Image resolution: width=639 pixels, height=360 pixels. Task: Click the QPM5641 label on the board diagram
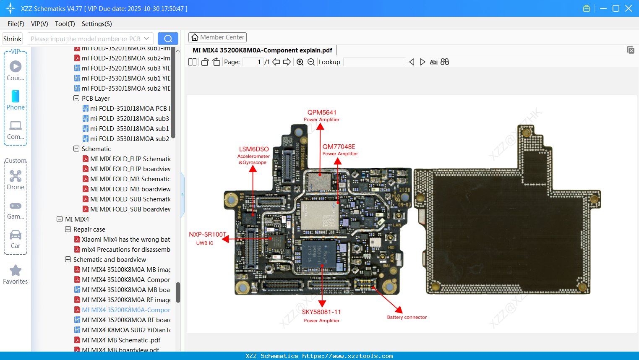tap(322, 112)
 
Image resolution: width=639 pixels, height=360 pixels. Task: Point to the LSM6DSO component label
tap(254, 149)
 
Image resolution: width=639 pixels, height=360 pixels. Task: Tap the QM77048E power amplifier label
tap(339, 147)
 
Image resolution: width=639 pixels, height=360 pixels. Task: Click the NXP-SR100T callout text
tap(207, 235)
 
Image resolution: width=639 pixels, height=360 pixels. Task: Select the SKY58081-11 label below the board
tap(321, 312)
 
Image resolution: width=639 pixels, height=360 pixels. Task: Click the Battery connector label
tap(407, 317)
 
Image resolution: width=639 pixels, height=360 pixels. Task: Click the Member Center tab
tap(217, 37)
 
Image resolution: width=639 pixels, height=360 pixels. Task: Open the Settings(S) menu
tap(97, 24)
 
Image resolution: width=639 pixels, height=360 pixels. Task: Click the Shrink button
tap(13, 39)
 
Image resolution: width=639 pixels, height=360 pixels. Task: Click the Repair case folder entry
tap(89, 230)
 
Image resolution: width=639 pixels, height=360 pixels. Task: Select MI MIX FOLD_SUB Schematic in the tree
tap(130, 199)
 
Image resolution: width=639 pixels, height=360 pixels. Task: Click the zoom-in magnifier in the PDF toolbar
tap(300, 62)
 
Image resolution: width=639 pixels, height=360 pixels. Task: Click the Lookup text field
tap(374, 62)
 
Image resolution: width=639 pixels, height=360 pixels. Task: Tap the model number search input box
tap(86, 39)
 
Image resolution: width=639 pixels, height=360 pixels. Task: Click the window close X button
tap(629, 8)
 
